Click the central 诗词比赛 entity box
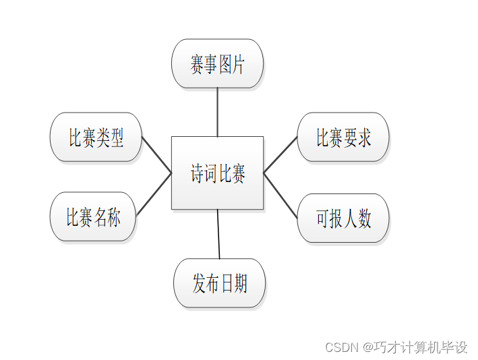point(217,173)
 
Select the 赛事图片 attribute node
point(217,63)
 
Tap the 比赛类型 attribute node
point(96,138)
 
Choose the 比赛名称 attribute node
point(93,217)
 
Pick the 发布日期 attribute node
point(219,283)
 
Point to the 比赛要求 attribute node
point(343,138)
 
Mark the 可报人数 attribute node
point(343,218)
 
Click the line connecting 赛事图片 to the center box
point(217,112)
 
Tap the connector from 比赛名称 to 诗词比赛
point(154,194)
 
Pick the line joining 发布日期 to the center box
point(218,234)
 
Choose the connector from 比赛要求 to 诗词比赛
point(280,155)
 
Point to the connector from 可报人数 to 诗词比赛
point(280,196)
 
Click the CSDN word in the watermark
point(340,348)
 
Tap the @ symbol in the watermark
point(367,348)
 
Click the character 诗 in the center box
point(198,174)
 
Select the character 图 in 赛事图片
point(226,65)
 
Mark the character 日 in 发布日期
point(227,284)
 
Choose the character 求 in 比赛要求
point(364,138)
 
